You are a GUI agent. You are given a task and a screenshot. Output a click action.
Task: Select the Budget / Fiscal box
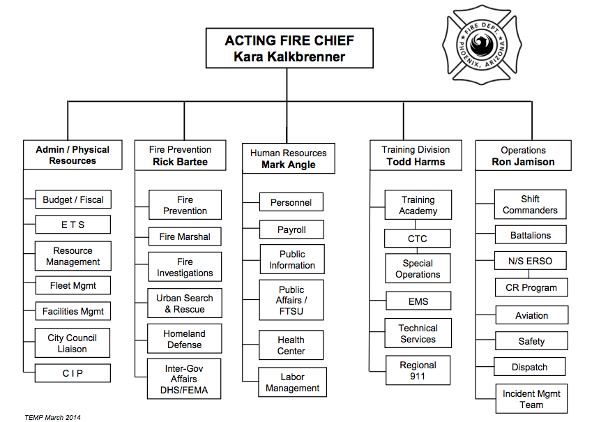73,199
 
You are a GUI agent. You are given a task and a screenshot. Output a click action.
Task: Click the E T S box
73,225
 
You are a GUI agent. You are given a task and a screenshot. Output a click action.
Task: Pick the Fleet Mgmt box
73,285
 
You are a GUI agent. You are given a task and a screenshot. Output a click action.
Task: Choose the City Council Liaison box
73,343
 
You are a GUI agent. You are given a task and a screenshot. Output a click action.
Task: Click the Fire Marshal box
185,236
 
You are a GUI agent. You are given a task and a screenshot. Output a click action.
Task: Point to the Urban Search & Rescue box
185,303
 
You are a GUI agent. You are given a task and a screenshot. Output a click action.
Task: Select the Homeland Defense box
185,339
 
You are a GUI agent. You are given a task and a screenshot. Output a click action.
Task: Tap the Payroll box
291,229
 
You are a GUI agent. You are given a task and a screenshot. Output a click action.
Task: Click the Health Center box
291,345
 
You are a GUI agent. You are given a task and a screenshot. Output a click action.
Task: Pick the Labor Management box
292,383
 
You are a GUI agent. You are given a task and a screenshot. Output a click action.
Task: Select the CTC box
418,239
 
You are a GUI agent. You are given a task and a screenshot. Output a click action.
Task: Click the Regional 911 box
418,370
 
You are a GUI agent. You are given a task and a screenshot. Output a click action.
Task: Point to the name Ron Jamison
524,162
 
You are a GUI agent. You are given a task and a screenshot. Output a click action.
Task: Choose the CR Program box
531,287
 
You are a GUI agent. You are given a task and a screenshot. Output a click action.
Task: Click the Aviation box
531,315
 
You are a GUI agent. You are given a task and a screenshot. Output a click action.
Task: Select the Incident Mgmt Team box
531,399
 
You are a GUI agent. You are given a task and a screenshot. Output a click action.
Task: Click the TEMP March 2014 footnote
52,417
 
